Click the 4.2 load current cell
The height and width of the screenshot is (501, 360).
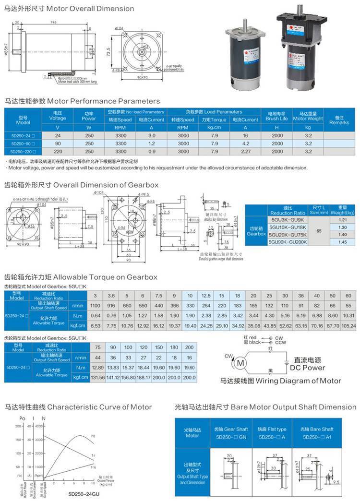click(x=245, y=143)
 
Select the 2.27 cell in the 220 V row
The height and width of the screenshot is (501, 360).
click(x=245, y=151)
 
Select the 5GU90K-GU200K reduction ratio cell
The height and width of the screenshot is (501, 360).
click(x=288, y=242)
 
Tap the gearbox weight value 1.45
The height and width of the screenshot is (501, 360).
click(x=342, y=242)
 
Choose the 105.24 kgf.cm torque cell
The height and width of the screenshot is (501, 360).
click(x=348, y=325)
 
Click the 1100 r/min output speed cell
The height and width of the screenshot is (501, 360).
click(x=96, y=305)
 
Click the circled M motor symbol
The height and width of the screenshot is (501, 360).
click(x=241, y=362)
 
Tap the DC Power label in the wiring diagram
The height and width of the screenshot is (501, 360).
click(x=307, y=368)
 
